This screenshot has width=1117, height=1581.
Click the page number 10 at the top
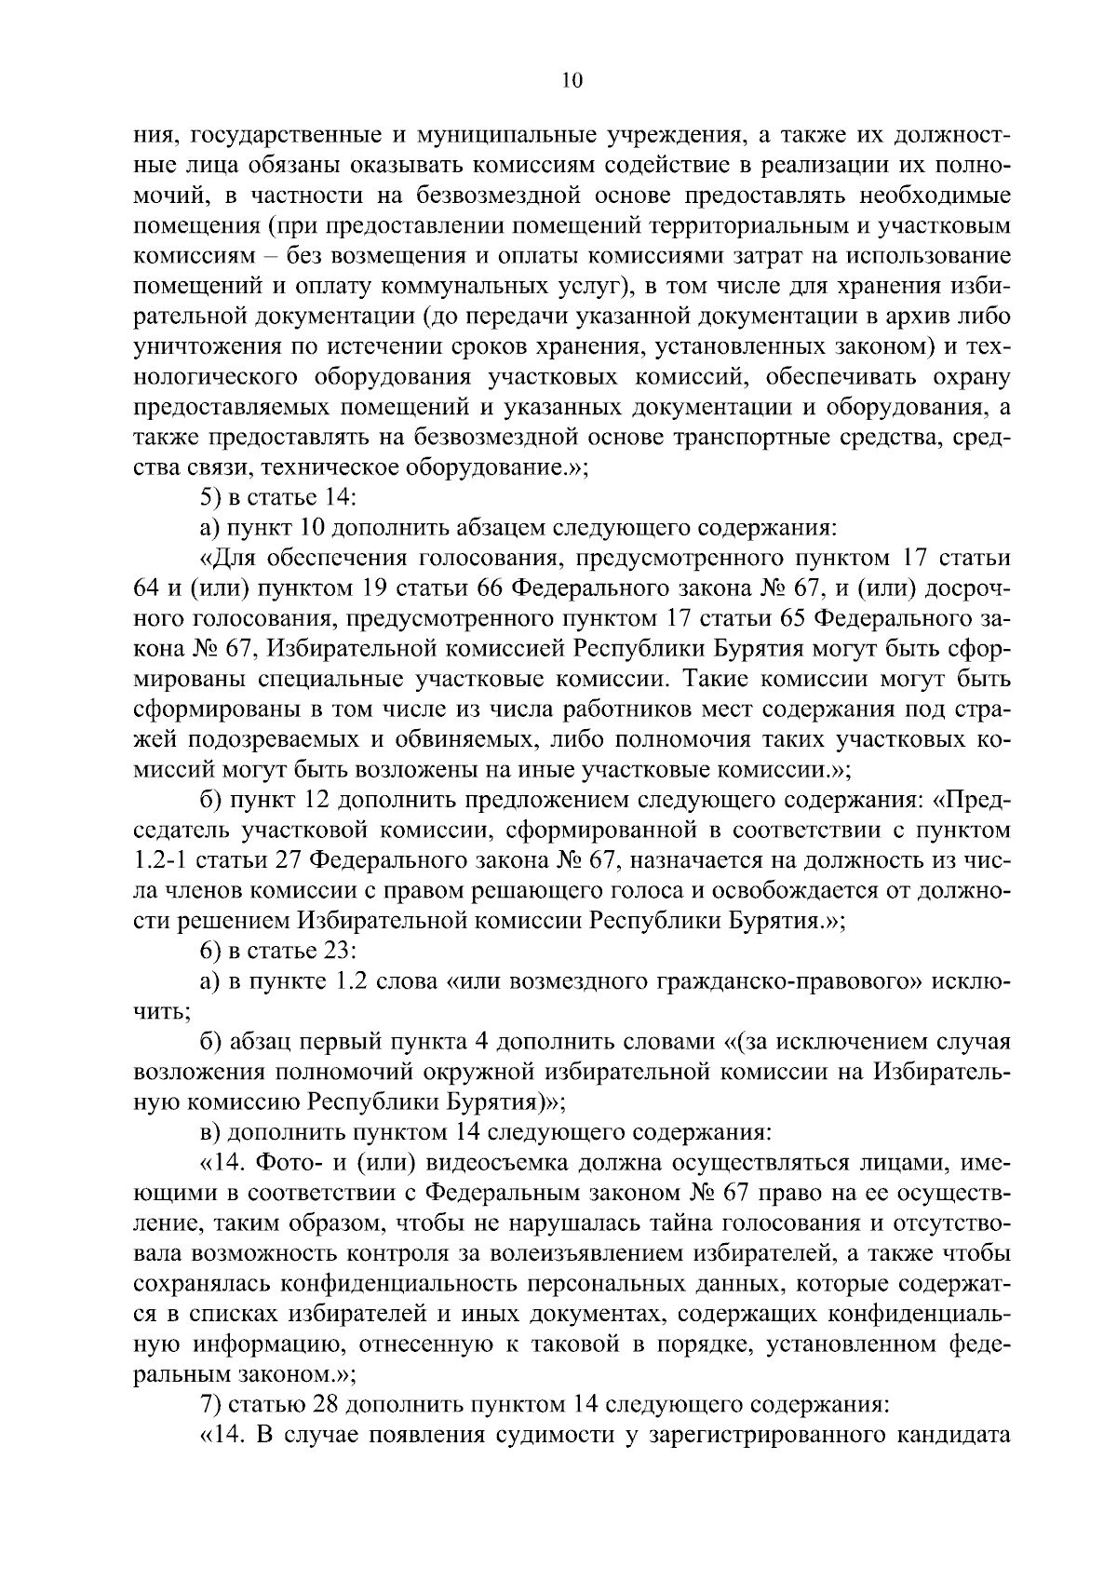click(572, 82)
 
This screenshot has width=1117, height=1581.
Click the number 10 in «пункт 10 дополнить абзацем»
click(312, 528)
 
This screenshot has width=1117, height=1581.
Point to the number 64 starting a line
click(149, 588)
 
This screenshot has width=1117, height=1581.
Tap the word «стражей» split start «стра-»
click(984, 709)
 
